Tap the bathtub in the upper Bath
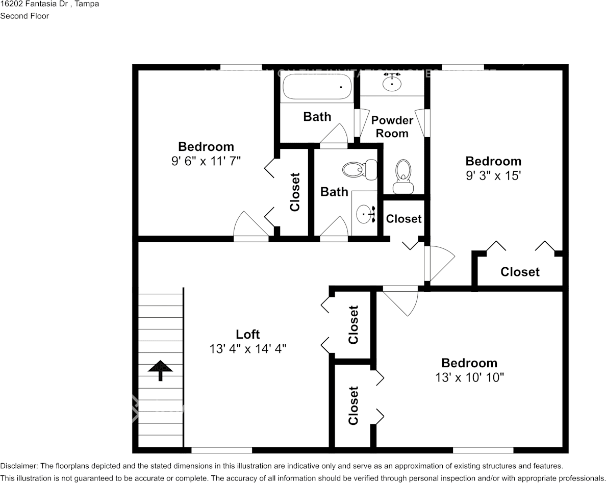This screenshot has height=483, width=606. [317, 87]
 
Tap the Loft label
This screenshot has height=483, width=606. [248, 334]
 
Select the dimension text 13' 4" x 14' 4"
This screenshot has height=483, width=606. [248, 349]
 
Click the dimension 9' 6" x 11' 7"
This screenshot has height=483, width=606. [206, 161]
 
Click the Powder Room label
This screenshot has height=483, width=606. [392, 126]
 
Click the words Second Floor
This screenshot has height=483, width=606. [24, 16]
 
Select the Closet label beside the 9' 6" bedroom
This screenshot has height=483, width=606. [295, 192]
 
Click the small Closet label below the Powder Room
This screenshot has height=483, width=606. [403, 219]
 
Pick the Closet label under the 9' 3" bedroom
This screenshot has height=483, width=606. [520, 272]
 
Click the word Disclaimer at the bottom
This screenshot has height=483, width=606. [18, 466]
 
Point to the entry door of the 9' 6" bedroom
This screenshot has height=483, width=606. [251, 226]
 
